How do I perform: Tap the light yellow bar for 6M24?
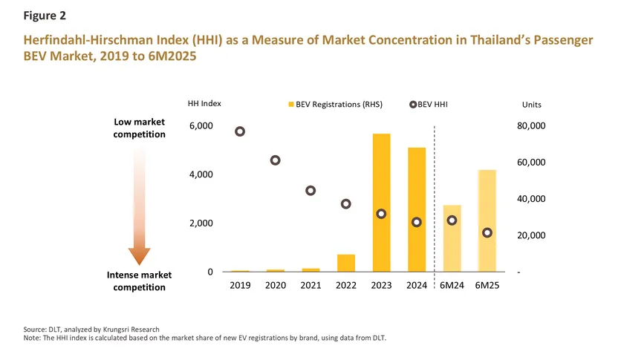point(452,238)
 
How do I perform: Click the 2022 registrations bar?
point(346,263)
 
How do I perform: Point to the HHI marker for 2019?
point(240,131)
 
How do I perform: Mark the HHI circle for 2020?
point(276,160)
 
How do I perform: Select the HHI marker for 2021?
point(311,191)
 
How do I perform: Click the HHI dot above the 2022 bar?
point(346,204)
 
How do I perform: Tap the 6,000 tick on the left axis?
point(201,126)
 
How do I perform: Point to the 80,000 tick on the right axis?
point(531,126)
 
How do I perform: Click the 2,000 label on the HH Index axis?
point(201,223)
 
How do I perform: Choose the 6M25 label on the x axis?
point(487,286)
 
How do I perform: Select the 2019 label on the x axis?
point(240,286)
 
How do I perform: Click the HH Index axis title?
point(204,105)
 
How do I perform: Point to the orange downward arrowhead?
point(139,256)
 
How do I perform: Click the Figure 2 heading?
point(44,14)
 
